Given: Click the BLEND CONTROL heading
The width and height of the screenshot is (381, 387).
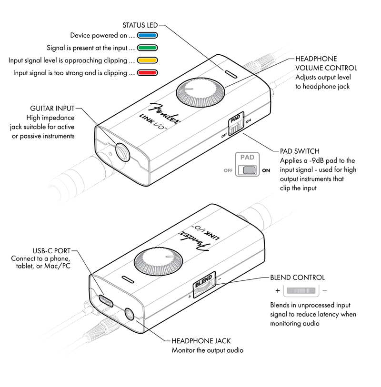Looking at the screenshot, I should point(297,277).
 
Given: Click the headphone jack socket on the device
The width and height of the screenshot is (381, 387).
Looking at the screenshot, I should point(130,314).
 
